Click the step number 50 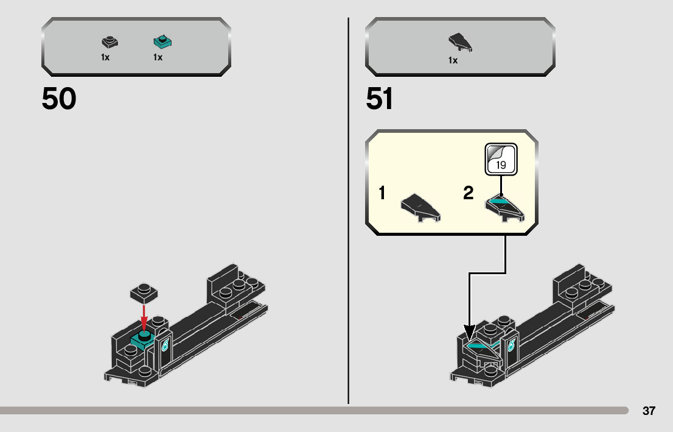point(59,99)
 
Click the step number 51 point(380,99)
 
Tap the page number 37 point(649,411)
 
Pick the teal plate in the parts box point(162,42)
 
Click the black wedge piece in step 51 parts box point(461,42)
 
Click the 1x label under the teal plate point(158,58)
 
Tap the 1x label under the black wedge point(453,60)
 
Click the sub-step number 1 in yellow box point(382,194)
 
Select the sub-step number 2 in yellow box point(468,194)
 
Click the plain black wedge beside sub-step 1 point(420,207)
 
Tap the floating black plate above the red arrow point(144,291)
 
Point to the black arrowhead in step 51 point(469,334)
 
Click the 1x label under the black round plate point(105,58)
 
